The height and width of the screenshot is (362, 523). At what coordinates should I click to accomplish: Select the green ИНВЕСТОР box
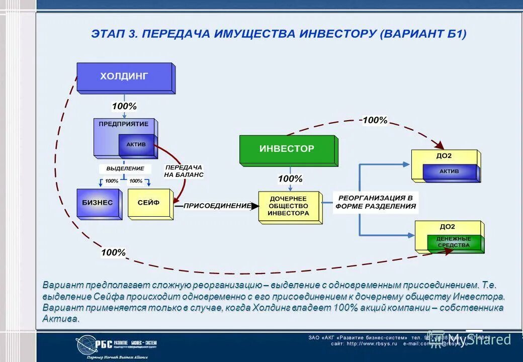287,149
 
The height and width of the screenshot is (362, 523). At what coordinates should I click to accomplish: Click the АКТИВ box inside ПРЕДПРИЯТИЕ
136,144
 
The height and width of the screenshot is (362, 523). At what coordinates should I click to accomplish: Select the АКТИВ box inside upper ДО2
449,171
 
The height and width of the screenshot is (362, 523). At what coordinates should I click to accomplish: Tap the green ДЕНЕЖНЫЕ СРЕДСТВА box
454,242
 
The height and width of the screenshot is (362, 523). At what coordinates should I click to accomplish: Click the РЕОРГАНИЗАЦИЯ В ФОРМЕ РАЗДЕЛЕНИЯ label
376,202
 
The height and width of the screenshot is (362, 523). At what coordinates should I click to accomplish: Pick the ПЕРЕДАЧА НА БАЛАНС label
184,171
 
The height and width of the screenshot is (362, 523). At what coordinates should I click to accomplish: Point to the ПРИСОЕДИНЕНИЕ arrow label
217,206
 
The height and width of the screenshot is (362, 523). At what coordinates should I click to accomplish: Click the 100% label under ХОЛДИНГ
124,107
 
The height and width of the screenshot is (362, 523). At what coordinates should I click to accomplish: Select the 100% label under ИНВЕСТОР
290,178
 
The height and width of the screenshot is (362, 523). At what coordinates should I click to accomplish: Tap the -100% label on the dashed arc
373,120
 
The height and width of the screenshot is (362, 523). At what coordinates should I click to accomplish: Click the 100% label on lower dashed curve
113,252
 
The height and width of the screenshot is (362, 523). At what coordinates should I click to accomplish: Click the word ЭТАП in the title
112,34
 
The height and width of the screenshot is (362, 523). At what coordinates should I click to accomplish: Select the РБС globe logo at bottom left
86,345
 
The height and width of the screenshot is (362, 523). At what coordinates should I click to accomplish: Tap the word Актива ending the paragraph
61,319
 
